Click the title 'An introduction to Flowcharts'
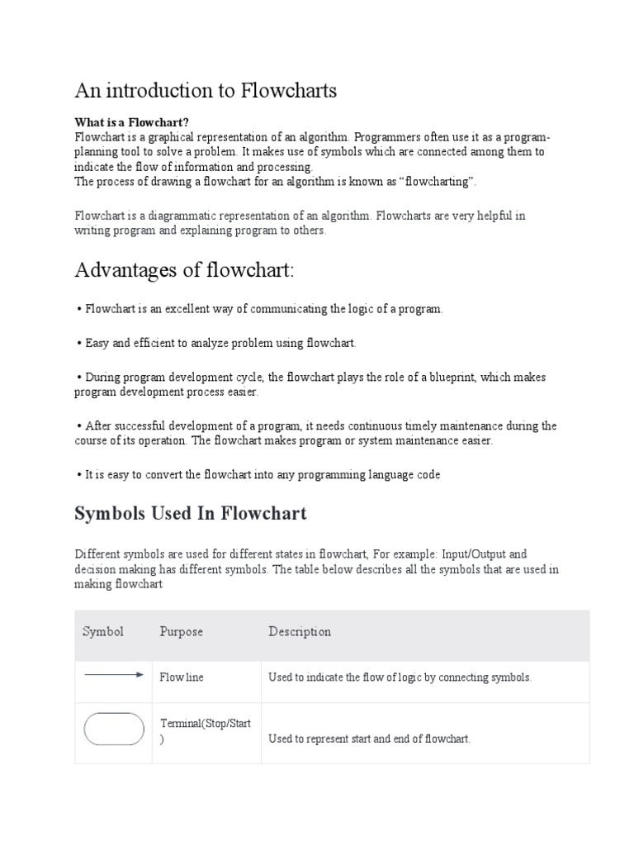click(x=206, y=91)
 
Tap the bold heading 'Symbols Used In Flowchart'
click(x=190, y=513)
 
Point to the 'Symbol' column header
click(x=103, y=632)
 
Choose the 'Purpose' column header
click(x=181, y=632)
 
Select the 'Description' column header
click(x=299, y=632)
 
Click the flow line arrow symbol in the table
click(x=114, y=676)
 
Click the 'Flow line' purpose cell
click(x=181, y=677)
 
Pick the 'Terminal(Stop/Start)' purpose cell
click(x=205, y=731)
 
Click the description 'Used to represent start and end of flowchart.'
click(x=369, y=739)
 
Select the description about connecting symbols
click(x=400, y=677)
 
